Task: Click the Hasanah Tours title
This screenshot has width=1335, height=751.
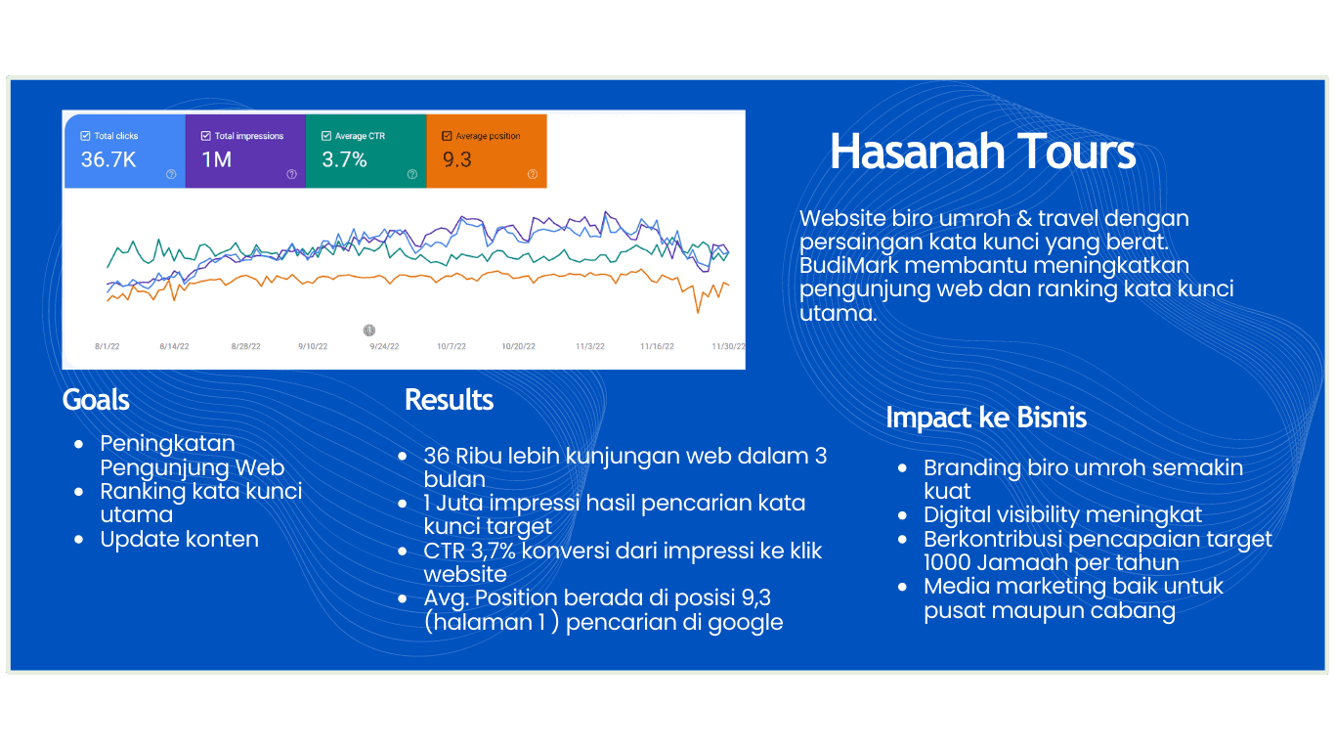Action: (983, 152)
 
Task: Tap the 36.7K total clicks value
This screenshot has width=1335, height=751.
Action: (108, 159)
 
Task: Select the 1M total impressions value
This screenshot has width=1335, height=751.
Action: (216, 159)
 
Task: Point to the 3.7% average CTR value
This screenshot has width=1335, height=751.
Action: (344, 159)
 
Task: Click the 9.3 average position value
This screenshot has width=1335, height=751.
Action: (457, 159)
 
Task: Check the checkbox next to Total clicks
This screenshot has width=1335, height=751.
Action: (85, 136)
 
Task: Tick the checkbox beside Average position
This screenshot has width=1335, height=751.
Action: (447, 136)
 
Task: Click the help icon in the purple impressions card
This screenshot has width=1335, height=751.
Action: (291, 174)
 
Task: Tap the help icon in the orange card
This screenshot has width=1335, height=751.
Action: (533, 174)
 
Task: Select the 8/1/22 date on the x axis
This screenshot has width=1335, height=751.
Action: (108, 346)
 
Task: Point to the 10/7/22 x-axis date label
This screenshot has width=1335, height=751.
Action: (452, 346)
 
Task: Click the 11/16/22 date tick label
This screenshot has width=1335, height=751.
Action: (658, 346)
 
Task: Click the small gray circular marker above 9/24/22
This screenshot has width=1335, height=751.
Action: (369, 330)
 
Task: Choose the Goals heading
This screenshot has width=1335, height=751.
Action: (96, 400)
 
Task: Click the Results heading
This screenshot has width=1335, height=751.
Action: (450, 400)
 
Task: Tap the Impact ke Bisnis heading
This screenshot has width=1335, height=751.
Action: (986, 418)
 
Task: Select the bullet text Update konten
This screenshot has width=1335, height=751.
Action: (180, 539)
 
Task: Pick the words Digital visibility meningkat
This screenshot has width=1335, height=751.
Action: (1063, 515)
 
